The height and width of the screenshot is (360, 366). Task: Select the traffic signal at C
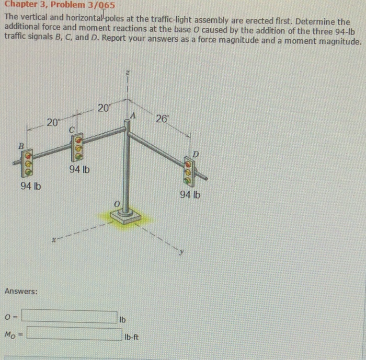(78, 147)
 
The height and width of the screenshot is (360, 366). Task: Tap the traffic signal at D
(189, 171)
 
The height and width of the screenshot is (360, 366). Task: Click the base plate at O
(126, 215)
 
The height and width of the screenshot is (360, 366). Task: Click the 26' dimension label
(162, 118)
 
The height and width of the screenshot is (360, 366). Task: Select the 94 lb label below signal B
(31, 187)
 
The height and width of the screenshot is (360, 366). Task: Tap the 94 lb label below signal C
(79, 170)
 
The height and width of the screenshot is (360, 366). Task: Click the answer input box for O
(70, 317)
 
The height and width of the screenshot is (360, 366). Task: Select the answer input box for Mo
(74, 333)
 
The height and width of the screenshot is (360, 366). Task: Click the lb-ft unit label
(132, 337)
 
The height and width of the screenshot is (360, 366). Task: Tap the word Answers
(20, 291)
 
